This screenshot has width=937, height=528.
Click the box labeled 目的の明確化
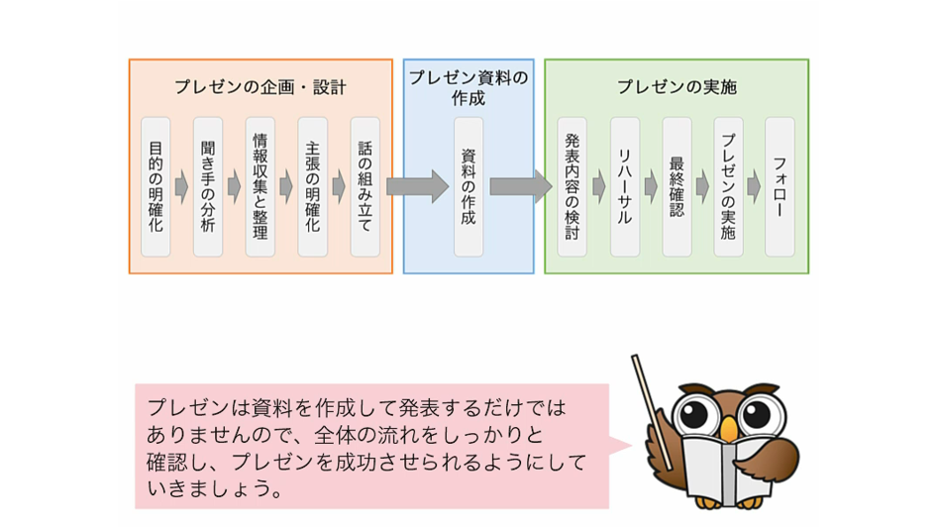tap(156, 187)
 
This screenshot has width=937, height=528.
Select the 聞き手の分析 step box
tap(208, 187)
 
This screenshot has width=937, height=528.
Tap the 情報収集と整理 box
tap(260, 187)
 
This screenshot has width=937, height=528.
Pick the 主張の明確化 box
tap(313, 187)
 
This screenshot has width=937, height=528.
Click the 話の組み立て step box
tap(364, 187)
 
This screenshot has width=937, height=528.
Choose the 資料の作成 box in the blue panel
tap(468, 187)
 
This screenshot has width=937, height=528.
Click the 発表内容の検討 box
tap(573, 187)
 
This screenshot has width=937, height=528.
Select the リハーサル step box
tap(625, 187)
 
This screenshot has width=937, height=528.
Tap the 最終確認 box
tap(677, 187)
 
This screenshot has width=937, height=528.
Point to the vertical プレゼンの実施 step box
tap(729, 187)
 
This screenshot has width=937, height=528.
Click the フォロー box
tap(781, 187)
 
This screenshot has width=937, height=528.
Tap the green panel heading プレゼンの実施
tap(677, 87)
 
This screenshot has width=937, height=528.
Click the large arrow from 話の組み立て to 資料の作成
tap(416, 186)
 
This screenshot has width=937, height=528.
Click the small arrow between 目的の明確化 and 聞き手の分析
tap(181, 187)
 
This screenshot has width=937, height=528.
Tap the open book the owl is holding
tap(729, 475)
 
